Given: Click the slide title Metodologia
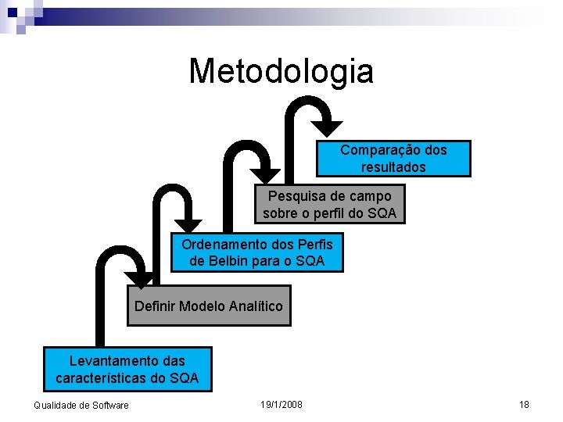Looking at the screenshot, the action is click(281, 71).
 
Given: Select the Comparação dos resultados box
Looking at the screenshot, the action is click(393, 159).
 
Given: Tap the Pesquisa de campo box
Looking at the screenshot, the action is click(329, 204).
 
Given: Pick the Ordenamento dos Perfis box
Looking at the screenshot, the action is click(257, 252).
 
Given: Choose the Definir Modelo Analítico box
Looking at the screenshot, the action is click(208, 306).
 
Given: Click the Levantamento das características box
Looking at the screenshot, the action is click(127, 370).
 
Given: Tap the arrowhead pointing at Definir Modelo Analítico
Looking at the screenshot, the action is click(141, 279).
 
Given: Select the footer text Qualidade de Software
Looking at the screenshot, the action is click(81, 405).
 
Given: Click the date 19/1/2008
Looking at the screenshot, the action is click(281, 404).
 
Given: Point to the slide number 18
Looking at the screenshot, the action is click(524, 404).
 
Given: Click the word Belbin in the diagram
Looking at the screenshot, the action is click(224, 261).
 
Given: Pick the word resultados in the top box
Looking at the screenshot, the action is click(393, 167).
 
